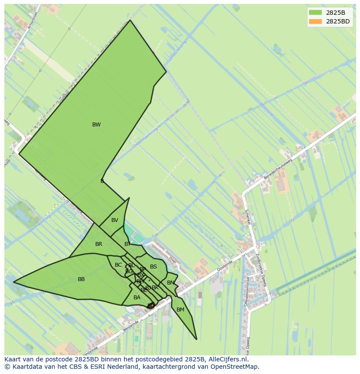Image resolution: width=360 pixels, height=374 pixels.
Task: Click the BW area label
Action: click(96, 125)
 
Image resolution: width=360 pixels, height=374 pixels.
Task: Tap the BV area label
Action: click(114, 220)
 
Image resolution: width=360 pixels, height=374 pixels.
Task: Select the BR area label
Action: click(99, 244)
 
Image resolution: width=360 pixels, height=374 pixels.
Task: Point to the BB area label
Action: click(81, 279)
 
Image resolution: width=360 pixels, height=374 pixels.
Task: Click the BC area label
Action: click(118, 265)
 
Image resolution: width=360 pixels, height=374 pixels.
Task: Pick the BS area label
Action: click(153, 267)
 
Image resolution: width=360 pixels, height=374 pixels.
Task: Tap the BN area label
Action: click(170, 283)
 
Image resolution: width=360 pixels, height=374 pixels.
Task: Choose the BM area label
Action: click(180, 310)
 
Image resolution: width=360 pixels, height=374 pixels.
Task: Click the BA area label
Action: click(137, 298)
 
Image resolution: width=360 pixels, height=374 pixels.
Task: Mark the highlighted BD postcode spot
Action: click(151, 306)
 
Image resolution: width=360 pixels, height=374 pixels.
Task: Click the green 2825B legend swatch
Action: click(316, 13)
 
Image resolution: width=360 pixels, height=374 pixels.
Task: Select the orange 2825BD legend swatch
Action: click(316, 21)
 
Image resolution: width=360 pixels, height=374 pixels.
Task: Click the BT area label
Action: click(127, 244)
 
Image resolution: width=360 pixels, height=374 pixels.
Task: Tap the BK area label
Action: click(155, 288)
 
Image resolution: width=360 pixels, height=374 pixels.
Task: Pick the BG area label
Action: click(129, 271)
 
